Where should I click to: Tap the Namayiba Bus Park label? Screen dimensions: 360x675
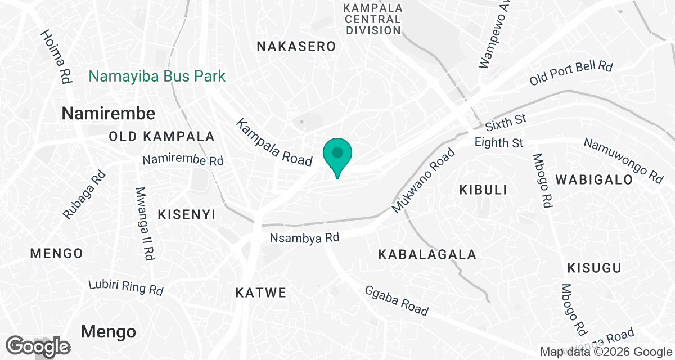click(x=157, y=76)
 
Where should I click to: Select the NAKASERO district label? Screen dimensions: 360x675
click(x=296, y=47)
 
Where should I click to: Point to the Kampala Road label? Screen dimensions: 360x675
click(x=274, y=142)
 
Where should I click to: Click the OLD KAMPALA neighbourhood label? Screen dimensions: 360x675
click(x=162, y=136)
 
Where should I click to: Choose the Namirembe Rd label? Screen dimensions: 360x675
click(x=183, y=160)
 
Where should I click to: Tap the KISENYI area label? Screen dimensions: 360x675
click(x=187, y=214)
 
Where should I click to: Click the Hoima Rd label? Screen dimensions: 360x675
click(x=56, y=57)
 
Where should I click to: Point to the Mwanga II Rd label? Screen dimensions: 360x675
click(x=145, y=223)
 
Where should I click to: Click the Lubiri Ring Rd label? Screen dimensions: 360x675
click(x=126, y=287)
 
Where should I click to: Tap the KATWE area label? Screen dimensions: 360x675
click(x=260, y=293)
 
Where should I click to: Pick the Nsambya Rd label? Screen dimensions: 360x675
click(x=304, y=238)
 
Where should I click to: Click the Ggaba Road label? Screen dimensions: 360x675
click(x=397, y=301)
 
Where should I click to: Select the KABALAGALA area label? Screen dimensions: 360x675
click(x=427, y=255)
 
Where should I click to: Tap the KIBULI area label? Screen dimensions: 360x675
click(x=483, y=190)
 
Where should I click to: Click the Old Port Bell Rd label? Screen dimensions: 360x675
click(x=570, y=74)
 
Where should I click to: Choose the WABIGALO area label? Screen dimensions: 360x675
click(x=595, y=179)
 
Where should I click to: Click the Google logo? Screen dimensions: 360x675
click(x=39, y=346)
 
